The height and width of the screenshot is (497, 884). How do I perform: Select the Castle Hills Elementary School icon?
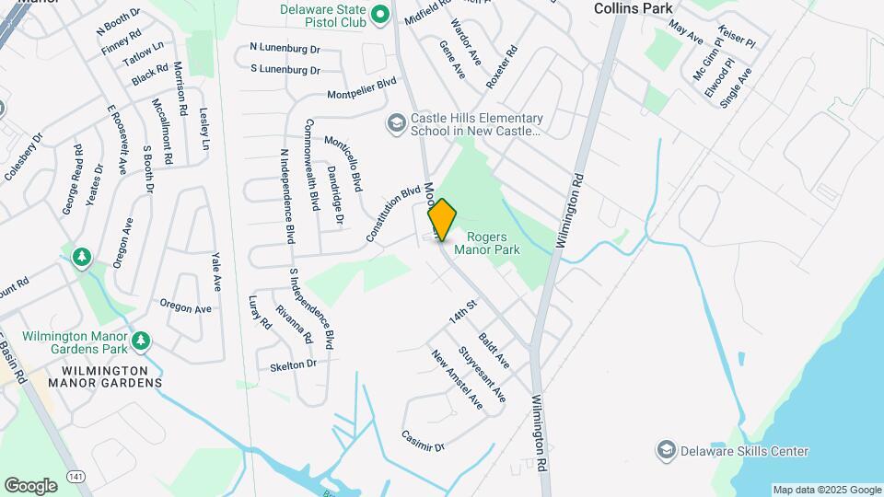tap(396, 124)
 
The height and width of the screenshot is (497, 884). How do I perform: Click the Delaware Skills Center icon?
tap(667, 451)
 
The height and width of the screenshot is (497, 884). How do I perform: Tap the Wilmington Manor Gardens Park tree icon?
tap(140, 342)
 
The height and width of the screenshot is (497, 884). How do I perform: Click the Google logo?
tap(30, 485)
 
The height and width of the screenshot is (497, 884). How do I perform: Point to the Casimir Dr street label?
tap(424, 440)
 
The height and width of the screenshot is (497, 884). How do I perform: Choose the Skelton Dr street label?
tap(294, 364)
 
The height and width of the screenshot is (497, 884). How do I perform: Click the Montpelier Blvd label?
tap(362, 88)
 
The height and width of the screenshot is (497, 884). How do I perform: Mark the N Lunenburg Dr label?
tap(285, 47)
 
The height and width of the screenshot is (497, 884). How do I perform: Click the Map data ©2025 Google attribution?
tap(826, 490)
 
